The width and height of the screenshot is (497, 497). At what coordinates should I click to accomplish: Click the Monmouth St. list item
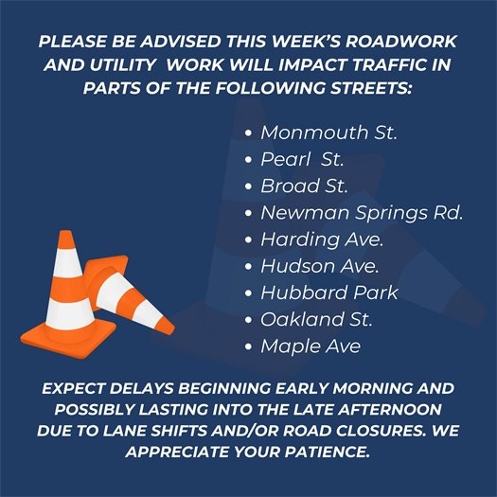point(328,132)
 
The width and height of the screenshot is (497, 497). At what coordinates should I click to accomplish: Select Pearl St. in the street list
point(302,158)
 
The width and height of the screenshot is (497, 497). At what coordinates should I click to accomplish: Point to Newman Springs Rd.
point(362,212)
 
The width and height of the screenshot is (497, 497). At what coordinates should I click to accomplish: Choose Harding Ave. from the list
point(323,239)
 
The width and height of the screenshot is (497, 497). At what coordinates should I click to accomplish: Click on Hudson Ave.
point(320,266)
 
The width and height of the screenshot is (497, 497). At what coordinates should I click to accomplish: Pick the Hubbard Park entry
point(329,293)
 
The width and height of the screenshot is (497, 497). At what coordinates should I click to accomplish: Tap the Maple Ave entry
point(311,346)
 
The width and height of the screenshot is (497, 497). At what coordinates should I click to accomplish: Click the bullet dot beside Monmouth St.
point(249,133)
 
